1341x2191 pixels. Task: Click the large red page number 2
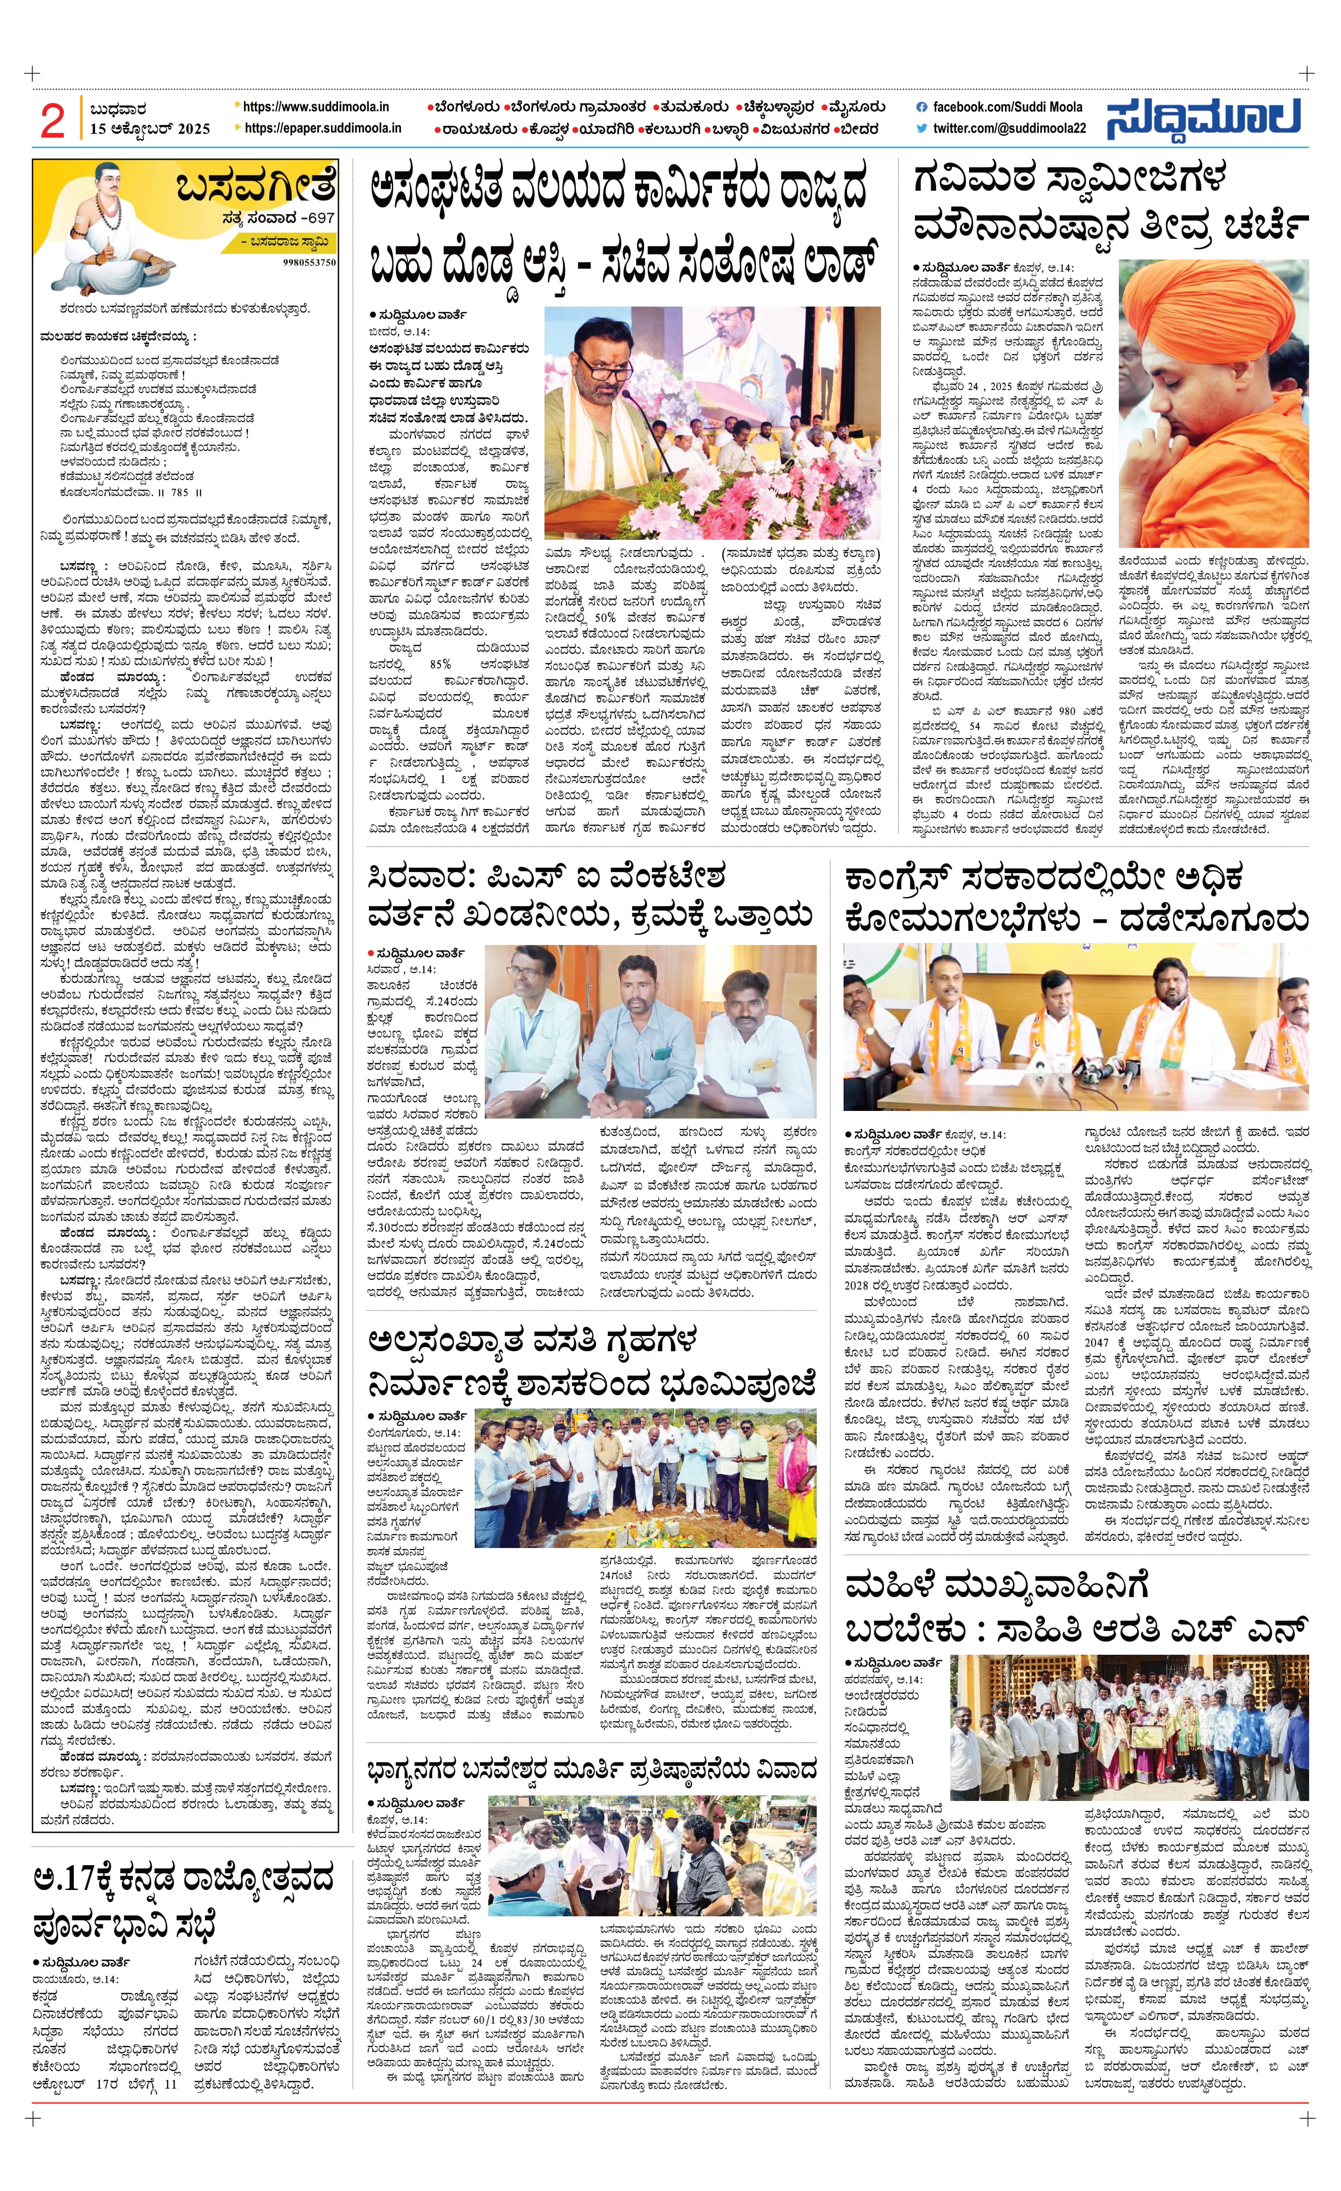coord(53,120)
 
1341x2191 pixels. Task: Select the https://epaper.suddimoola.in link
coord(322,128)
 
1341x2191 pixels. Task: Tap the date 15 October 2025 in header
coord(149,129)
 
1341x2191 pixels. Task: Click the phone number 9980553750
coord(310,263)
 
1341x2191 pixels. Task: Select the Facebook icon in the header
coord(921,107)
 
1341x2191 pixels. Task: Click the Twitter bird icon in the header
coord(921,128)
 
